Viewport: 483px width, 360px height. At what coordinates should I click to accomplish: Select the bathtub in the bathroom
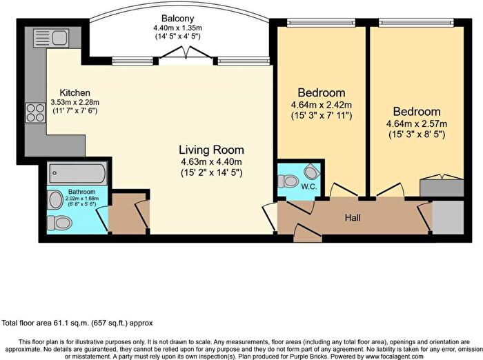point(77,174)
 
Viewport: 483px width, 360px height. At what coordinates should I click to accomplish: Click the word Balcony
point(177,18)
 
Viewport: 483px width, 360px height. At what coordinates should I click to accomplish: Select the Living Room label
point(211,150)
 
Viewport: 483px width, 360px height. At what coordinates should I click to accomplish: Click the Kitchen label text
point(75,93)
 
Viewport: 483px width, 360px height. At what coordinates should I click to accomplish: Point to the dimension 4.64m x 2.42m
point(321,106)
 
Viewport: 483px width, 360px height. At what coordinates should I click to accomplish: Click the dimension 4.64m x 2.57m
point(416,124)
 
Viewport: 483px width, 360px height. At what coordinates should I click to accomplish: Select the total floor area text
point(77,323)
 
